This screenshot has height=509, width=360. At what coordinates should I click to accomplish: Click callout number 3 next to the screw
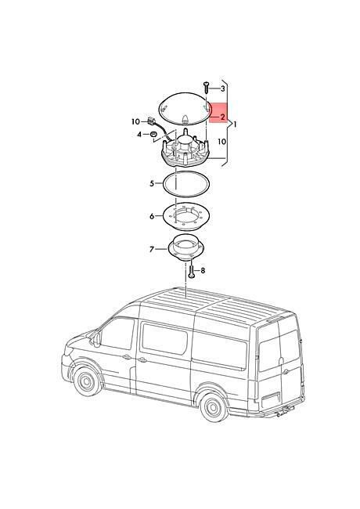(222, 88)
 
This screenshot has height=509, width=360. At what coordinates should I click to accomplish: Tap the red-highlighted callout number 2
(222, 117)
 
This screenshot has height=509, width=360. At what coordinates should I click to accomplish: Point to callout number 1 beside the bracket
(235, 124)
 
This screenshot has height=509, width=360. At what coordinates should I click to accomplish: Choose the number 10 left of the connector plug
(135, 121)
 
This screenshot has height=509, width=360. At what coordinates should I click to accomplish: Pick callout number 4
(139, 134)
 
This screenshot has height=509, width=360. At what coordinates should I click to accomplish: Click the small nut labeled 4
(153, 134)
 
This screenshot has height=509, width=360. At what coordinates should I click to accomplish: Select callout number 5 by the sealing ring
(152, 184)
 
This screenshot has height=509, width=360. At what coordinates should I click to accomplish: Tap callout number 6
(152, 216)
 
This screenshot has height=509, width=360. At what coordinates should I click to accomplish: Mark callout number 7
(152, 249)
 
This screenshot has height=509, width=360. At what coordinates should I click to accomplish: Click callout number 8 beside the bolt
(203, 270)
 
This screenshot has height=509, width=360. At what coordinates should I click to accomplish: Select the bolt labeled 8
(192, 270)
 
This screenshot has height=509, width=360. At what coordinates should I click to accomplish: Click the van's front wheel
(87, 381)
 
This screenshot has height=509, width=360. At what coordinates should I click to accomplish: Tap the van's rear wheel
(214, 406)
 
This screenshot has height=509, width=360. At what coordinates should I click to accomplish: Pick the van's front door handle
(127, 357)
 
